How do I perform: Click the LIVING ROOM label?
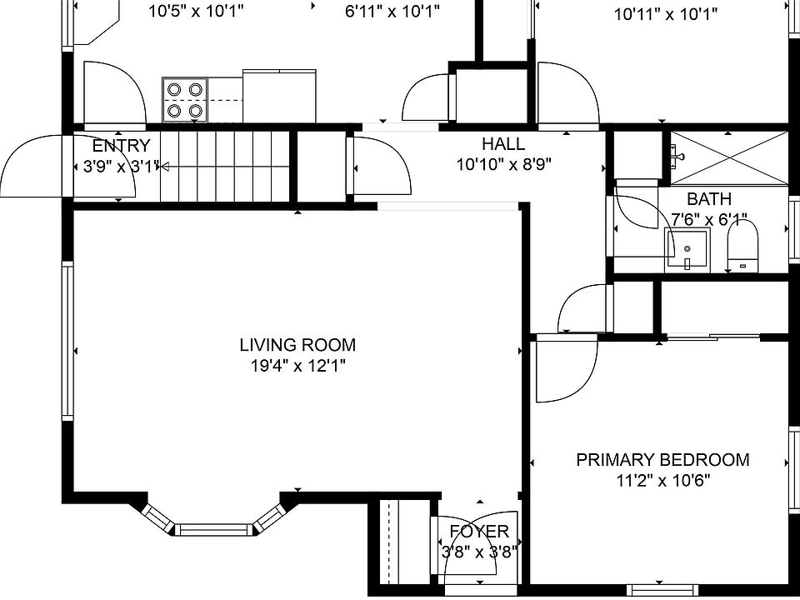click(297, 345)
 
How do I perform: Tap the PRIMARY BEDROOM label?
click(662, 460)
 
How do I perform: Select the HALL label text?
click(503, 144)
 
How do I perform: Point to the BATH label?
click(709, 198)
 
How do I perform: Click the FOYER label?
click(479, 532)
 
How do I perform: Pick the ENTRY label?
click(122, 146)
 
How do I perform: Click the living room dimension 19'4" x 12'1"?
click(298, 366)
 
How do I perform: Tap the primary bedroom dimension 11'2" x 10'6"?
click(663, 481)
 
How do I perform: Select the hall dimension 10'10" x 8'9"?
click(503, 165)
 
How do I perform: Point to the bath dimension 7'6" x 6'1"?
click(709, 220)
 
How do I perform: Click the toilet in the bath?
click(742, 247)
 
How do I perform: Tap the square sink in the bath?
click(687, 250)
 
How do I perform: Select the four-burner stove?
click(185, 100)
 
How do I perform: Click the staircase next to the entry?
click(225, 167)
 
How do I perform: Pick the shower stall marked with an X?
click(729, 157)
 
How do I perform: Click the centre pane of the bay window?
click(214, 530)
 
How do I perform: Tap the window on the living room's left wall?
click(67, 341)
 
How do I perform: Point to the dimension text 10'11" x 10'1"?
click(666, 15)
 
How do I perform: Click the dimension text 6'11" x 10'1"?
click(392, 11)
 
